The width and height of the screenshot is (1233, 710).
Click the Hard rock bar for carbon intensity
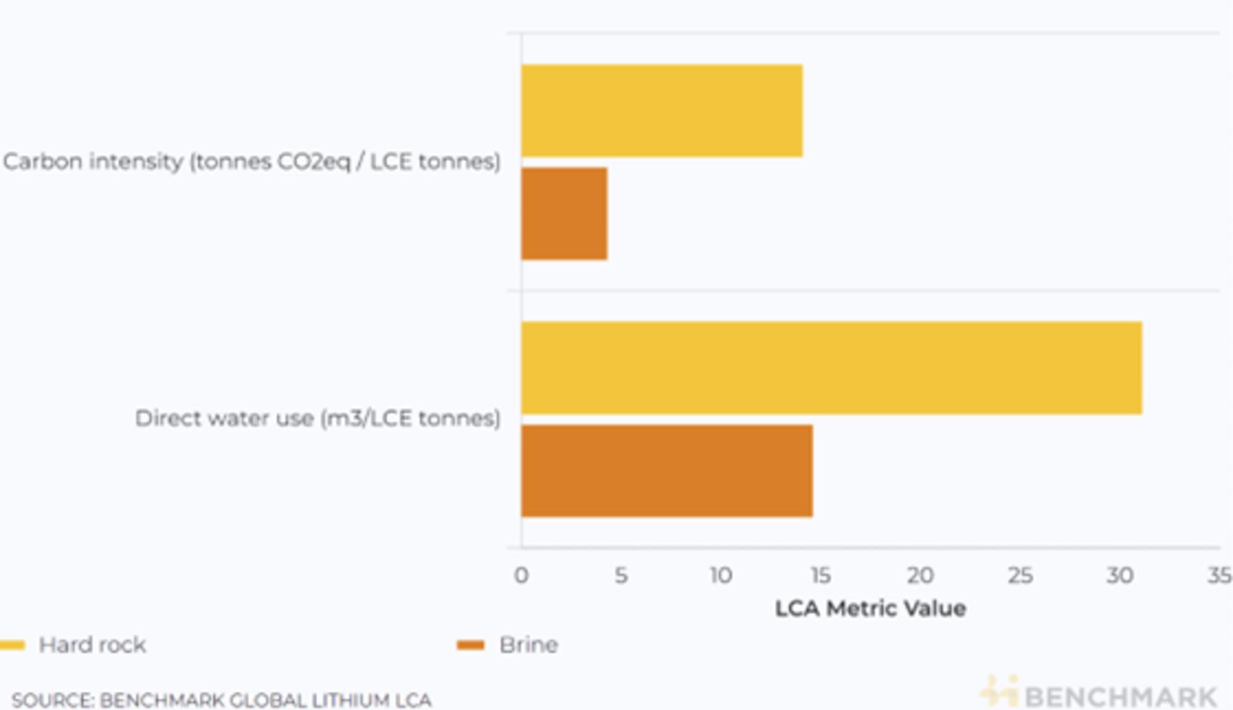pyautogui.click(x=662, y=111)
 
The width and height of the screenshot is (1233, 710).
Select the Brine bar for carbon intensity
pyautogui.click(x=564, y=214)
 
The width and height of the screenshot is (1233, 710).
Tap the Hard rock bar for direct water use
pyautogui.click(x=831, y=368)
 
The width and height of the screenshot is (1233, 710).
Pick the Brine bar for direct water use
pyautogui.click(x=666, y=471)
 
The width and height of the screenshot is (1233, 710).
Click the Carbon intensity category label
pyautogui.click(x=252, y=162)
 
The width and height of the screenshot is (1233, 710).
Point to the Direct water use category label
pyautogui.click(x=317, y=418)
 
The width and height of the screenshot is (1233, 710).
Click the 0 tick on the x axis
pyautogui.click(x=521, y=576)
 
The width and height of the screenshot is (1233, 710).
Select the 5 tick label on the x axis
pyautogui.click(x=621, y=576)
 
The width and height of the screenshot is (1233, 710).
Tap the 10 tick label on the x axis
pyautogui.click(x=720, y=576)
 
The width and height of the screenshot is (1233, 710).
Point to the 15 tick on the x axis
pyautogui.click(x=820, y=576)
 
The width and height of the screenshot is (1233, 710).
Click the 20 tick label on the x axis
pyautogui.click(x=920, y=576)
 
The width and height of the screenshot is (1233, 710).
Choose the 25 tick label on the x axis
pyautogui.click(x=1020, y=576)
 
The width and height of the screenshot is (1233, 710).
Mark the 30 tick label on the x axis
pyautogui.click(x=1120, y=576)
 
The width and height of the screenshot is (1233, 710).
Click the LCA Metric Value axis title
pyautogui.click(x=870, y=609)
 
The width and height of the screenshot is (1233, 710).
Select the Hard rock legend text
pyautogui.click(x=92, y=645)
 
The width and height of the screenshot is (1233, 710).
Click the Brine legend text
pyautogui.click(x=528, y=645)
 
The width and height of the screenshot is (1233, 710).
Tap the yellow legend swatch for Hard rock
pyautogui.click(x=12, y=645)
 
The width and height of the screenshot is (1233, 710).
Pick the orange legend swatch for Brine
pyautogui.click(x=470, y=645)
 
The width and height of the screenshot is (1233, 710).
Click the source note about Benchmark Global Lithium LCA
pyautogui.click(x=221, y=700)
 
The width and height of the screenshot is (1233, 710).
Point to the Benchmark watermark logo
pyautogui.click(x=1099, y=695)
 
